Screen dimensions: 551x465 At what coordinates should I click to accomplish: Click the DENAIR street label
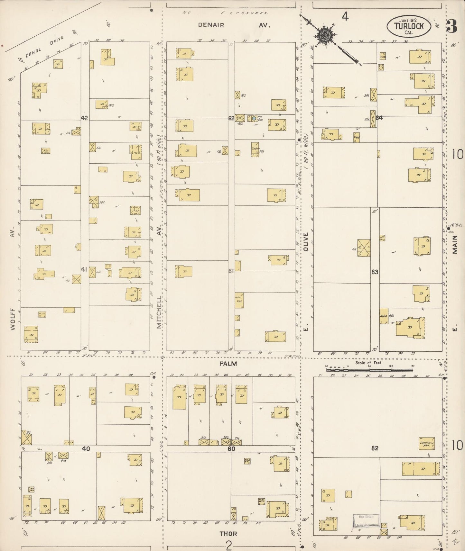[211, 25]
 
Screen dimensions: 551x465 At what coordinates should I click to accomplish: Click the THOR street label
[228, 534]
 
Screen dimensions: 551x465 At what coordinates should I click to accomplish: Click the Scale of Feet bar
[369, 370]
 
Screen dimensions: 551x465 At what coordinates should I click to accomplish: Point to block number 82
[375, 448]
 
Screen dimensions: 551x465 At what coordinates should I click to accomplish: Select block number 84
[379, 118]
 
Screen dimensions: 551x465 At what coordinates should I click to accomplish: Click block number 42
[84, 118]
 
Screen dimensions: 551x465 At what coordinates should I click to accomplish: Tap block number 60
[231, 448]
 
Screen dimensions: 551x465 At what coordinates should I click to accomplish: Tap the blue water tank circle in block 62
[254, 118]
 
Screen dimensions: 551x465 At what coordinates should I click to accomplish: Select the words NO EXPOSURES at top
[225, 13]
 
